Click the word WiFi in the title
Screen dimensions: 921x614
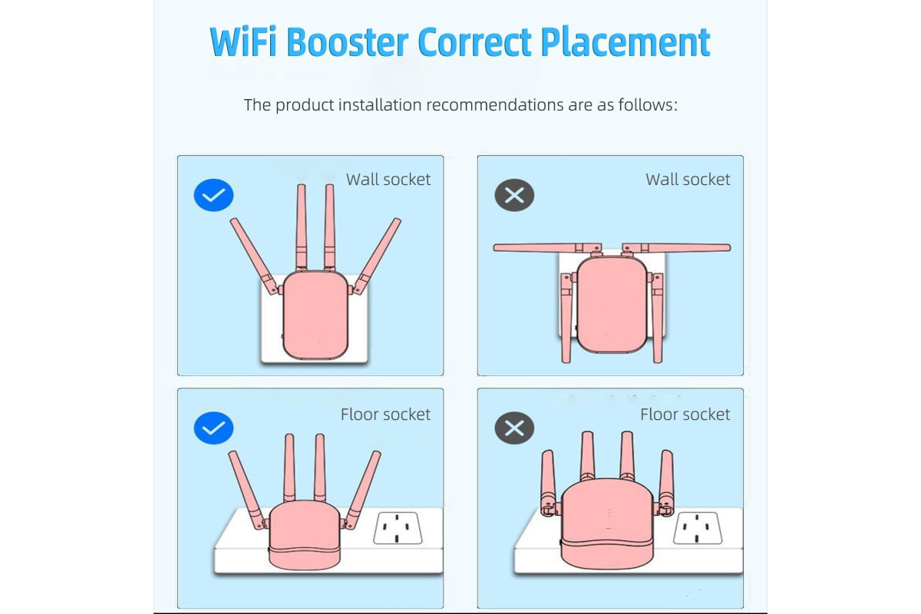point(243,41)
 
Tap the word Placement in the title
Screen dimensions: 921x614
point(626,41)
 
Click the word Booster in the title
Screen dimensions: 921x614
point(348,41)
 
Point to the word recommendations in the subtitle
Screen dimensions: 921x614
point(494,105)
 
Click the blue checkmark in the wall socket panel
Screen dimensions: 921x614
point(213,196)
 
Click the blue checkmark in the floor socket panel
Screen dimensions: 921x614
point(213,427)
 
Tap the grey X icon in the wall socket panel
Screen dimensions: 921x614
point(514,196)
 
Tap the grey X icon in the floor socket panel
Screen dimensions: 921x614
point(514,427)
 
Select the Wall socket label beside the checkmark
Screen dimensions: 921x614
point(388,180)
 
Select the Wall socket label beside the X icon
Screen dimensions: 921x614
point(688,180)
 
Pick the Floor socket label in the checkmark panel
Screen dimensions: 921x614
point(385,414)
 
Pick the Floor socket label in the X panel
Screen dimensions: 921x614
point(685,414)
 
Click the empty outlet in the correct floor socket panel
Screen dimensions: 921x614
point(398,527)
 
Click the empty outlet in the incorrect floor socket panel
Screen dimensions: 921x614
point(698,527)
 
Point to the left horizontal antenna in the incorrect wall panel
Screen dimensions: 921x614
point(546,248)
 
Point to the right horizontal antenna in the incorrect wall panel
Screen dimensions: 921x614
point(677,248)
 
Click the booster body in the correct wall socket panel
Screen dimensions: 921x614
point(315,315)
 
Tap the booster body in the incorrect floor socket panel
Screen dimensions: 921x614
point(607,523)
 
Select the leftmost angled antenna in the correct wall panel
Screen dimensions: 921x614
point(255,256)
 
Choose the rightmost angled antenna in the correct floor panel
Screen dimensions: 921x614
point(362,490)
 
